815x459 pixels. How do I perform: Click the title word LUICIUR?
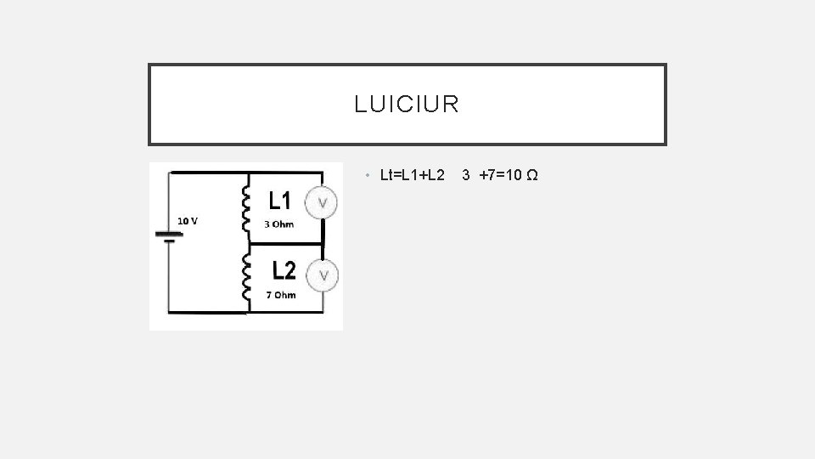coord(407,105)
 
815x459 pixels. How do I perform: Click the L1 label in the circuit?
coord(281,201)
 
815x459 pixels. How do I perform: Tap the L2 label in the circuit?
coord(284,270)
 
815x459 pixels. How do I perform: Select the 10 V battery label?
coord(188,221)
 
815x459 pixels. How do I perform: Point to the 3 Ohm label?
coord(278,224)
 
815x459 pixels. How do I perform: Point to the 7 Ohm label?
coord(281,295)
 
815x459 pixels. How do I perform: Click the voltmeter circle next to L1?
coord(323,203)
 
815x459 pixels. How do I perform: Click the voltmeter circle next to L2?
coord(323,275)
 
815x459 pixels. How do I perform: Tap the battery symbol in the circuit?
coord(169,235)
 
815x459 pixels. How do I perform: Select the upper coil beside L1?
coord(247,206)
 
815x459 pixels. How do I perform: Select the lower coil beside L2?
coord(247,278)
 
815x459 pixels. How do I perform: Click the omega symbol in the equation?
coord(531,176)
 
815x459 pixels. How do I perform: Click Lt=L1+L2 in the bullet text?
coord(413,176)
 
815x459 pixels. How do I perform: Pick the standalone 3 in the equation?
coord(466,176)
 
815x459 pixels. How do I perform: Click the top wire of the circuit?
coord(246,173)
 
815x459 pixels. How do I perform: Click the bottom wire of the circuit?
coord(246,313)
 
